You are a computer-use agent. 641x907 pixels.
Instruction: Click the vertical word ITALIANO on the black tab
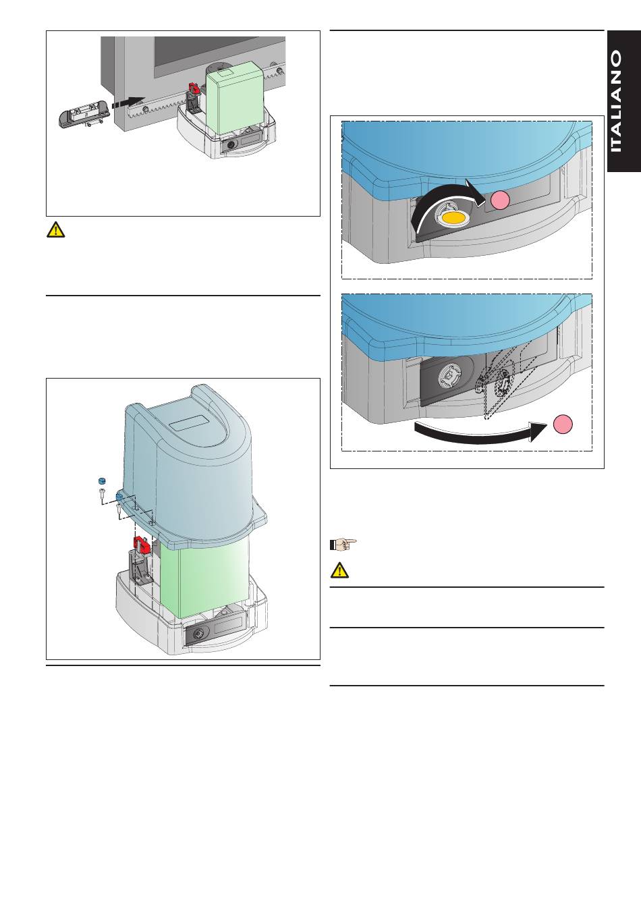[616, 101]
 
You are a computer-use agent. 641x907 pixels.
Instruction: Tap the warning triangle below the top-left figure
[55, 229]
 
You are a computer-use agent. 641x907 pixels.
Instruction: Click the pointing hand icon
[343, 544]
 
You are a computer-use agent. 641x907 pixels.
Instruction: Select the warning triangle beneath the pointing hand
[339, 570]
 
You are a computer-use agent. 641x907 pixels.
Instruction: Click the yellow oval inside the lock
[453, 218]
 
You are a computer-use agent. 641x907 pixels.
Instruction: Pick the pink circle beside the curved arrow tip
[500, 200]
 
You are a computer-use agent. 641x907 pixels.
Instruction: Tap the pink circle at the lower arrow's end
[563, 424]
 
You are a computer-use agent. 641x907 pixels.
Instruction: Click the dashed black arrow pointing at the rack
[128, 103]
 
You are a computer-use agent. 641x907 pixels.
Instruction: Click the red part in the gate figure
[193, 88]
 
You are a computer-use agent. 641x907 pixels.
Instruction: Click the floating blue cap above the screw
[101, 481]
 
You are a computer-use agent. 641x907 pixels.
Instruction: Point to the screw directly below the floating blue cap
[101, 493]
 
